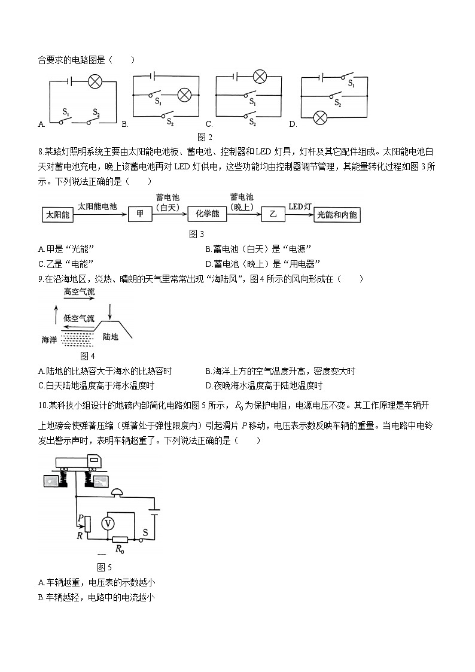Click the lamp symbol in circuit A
(95, 82)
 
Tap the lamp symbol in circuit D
(321, 117)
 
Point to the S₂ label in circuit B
(170, 121)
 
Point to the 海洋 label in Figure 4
(50, 339)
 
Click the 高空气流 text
(79, 293)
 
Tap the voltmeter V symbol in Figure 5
(108, 523)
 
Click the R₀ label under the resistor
(120, 548)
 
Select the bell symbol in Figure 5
(117, 492)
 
